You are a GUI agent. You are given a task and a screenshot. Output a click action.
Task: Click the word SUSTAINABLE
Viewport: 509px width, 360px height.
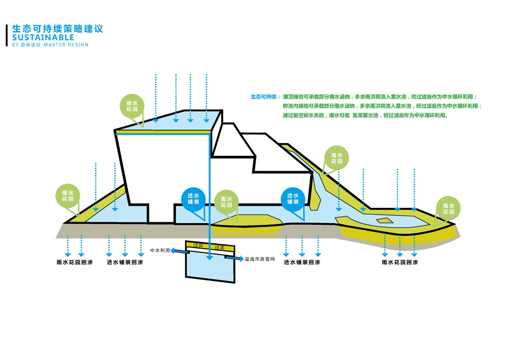point(43,38)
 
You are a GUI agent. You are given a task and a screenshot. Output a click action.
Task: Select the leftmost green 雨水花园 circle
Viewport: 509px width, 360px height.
point(67,196)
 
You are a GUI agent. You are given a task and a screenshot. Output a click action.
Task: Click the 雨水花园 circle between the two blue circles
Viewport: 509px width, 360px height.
point(226,201)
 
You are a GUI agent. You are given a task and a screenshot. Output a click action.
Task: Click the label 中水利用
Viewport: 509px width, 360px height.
point(160,250)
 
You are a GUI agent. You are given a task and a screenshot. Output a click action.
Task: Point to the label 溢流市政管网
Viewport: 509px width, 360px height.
point(260,259)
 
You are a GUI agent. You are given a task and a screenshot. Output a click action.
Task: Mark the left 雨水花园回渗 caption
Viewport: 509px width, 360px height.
point(74,262)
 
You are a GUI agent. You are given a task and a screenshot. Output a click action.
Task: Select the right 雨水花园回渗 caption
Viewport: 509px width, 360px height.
point(400,262)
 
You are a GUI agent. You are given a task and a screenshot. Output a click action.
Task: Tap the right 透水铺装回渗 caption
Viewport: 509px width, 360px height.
point(302,262)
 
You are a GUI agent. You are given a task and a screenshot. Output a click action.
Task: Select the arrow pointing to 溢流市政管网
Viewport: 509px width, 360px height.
point(234,259)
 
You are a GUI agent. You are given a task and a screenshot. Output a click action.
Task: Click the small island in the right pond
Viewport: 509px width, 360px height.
point(384,219)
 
